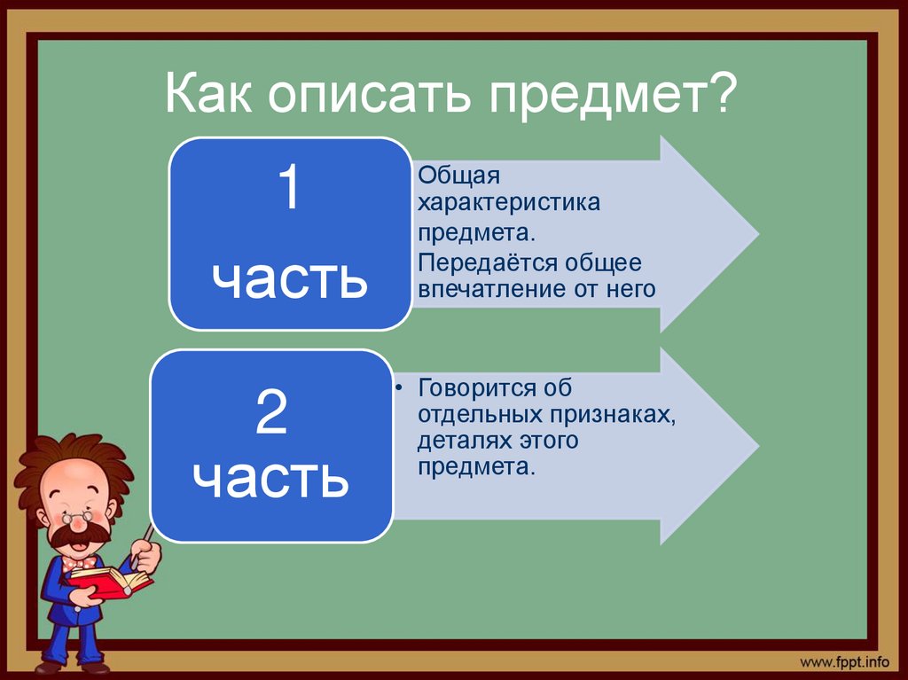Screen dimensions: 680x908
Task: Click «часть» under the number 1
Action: coord(289,277)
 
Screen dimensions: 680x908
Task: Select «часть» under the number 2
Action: coord(271,478)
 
